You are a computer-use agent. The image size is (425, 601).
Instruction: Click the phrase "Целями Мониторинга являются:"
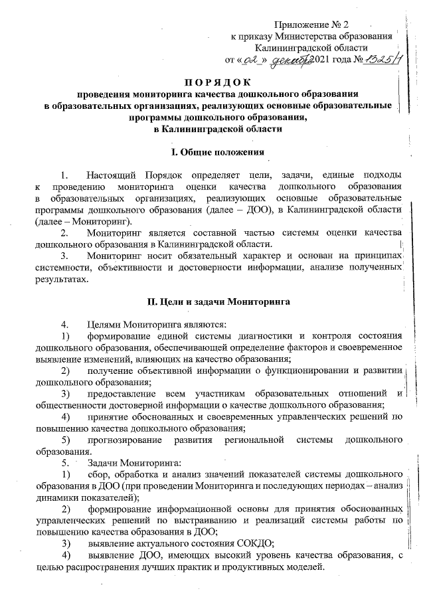click(x=157, y=324)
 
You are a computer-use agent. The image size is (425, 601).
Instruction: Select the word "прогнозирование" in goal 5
click(x=127, y=440)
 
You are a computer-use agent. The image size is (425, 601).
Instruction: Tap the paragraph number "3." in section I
click(x=64, y=256)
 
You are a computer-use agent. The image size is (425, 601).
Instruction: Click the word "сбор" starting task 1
click(x=97, y=474)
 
